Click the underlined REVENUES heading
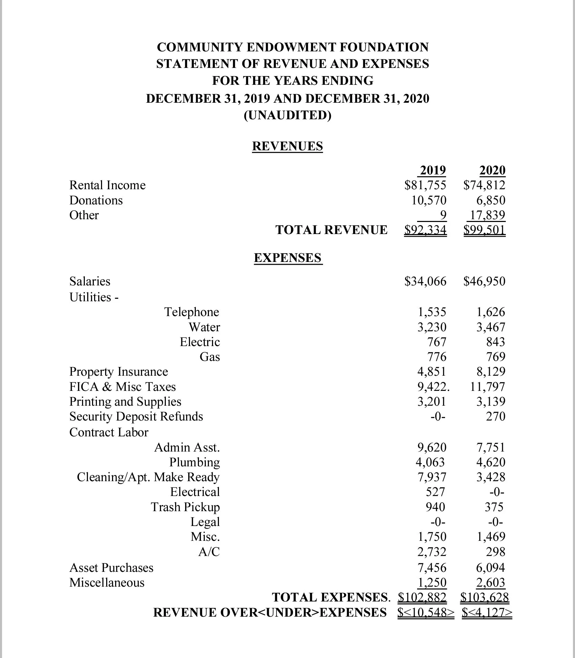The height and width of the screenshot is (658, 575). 287,146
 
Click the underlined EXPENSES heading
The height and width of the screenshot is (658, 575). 287,257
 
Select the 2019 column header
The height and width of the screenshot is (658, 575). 433,170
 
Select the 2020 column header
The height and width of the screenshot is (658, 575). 492,170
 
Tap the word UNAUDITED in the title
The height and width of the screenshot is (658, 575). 287,115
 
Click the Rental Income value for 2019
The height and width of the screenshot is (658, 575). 425,185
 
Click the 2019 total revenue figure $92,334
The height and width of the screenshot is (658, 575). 425,230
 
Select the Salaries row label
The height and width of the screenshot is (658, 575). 90,281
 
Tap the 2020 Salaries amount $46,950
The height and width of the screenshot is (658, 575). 484,281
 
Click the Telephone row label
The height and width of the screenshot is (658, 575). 191,312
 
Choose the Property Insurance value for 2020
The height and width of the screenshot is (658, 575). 491,372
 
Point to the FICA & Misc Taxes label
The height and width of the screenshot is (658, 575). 122,387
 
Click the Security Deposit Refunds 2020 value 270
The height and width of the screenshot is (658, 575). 495,416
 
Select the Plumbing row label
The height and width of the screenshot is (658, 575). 194,462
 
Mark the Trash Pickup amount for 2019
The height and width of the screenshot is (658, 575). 435,507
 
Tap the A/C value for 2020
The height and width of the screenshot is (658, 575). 495,552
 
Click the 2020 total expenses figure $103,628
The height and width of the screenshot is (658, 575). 484,597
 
